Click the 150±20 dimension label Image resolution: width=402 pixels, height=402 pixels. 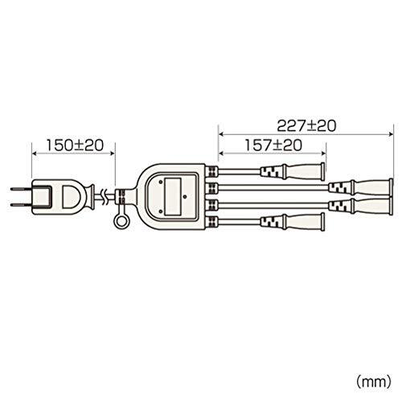pos(75,146)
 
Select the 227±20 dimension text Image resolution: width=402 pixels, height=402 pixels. pos(306,125)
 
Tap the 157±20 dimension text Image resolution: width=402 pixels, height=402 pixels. pos(273,145)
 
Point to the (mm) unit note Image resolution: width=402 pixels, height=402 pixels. pos(374,381)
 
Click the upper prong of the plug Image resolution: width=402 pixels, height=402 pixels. pos(22,189)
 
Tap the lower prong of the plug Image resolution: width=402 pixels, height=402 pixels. pos(22,205)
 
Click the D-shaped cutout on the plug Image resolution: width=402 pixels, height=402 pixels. pos(68,197)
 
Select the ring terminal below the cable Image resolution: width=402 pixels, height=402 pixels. pos(121,222)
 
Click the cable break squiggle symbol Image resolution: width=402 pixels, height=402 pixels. pos(105,197)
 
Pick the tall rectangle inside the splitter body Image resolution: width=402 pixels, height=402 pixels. pos(173,197)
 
